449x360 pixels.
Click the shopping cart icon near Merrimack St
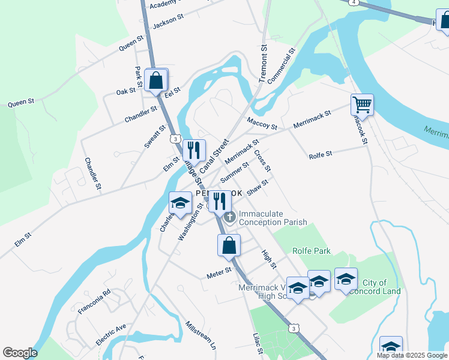(362, 105)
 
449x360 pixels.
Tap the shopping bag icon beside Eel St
(156, 80)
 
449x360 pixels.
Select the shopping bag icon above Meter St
(229, 245)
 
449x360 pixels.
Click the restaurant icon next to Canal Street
(194, 150)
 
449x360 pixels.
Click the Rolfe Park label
(312, 251)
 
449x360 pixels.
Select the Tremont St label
(263, 64)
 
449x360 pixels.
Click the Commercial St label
(282, 66)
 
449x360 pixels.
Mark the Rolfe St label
(320, 155)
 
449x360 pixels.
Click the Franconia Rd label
(95, 302)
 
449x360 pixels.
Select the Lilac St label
(258, 344)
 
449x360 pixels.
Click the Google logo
(19, 353)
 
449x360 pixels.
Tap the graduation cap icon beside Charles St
(180, 203)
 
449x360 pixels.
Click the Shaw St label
(257, 187)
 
